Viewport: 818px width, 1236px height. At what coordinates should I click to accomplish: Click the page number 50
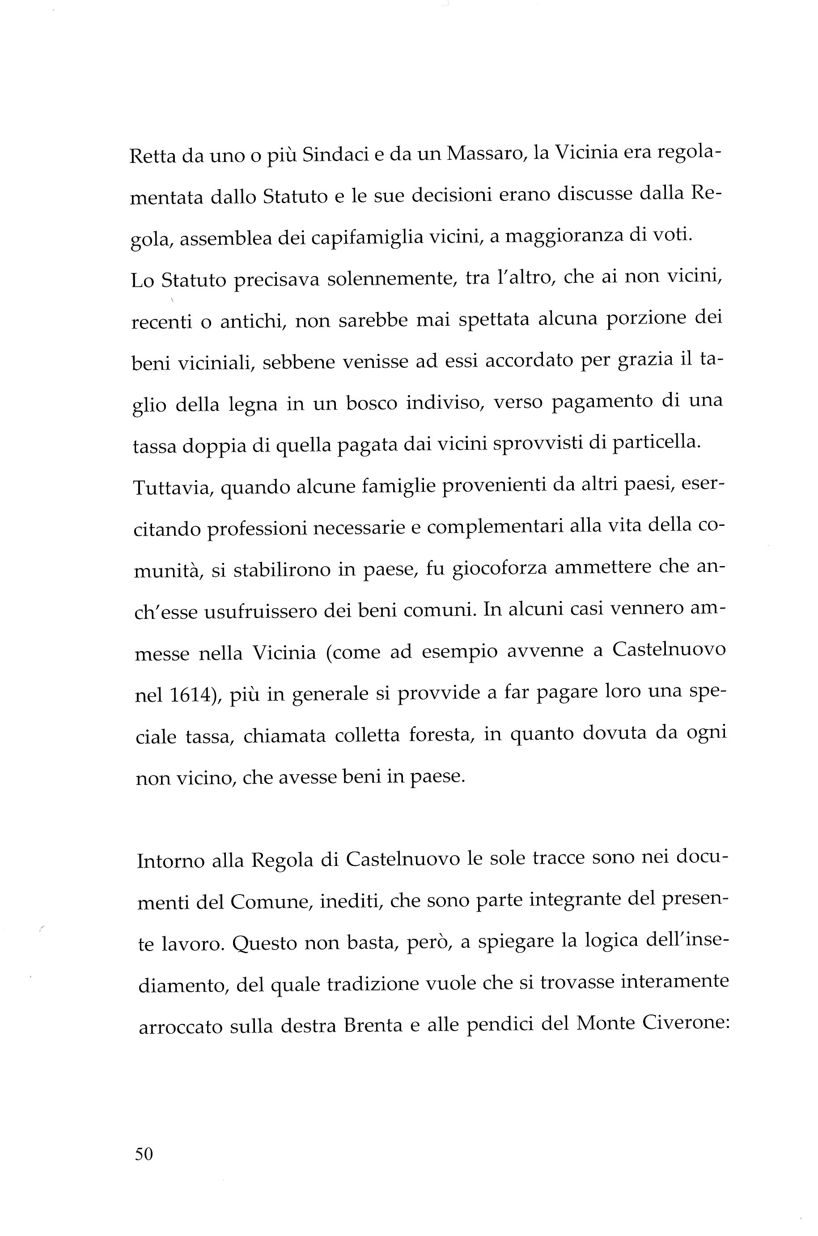(x=144, y=1154)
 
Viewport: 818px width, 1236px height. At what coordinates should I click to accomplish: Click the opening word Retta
(x=151, y=156)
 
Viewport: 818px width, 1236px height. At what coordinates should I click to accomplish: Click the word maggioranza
(x=564, y=236)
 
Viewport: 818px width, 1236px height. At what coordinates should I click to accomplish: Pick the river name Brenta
(x=373, y=1025)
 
